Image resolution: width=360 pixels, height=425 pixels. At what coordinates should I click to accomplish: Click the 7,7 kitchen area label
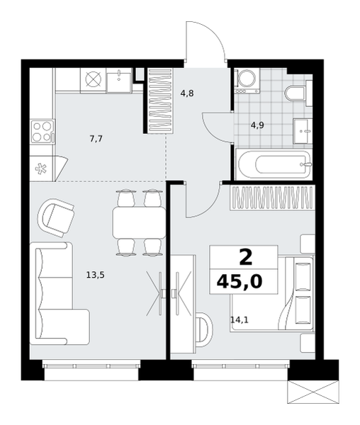tap(96, 139)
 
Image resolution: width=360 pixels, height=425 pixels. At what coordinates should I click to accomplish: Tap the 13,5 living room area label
tap(96, 275)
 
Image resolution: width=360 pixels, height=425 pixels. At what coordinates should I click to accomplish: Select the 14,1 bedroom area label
tap(240, 320)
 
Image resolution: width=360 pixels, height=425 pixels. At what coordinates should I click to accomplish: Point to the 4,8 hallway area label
tap(187, 93)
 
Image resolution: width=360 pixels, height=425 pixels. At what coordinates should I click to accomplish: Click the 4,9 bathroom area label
tap(257, 125)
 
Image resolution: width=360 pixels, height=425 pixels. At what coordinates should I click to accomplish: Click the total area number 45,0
tap(240, 282)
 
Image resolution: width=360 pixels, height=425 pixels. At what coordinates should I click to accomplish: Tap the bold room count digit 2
tap(246, 258)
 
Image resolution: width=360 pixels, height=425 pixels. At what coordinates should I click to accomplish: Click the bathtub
tap(274, 164)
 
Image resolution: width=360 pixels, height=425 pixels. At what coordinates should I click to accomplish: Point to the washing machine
tap(247, 81)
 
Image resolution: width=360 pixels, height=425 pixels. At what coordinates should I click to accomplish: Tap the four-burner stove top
tap(43, 132)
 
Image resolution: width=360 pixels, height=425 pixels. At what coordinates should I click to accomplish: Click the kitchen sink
tap(119, 80)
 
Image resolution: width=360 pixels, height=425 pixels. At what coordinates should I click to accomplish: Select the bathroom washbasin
tap(303, 131)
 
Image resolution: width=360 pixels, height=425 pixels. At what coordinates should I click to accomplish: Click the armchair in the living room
tap(56, 217)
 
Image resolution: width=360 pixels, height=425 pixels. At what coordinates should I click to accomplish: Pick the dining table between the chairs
tap(139, 222)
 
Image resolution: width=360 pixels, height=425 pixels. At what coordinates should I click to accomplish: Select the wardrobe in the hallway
tap(160, 101)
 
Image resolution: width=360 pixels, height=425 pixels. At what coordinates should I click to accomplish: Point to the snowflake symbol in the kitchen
tap(41, 169)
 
